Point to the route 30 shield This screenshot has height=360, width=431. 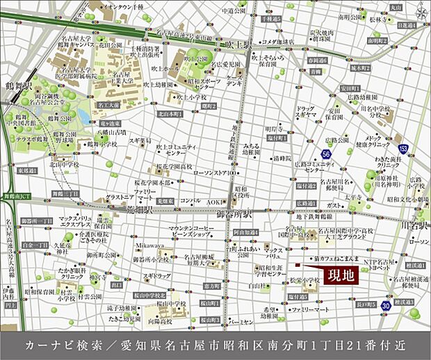tap(384, 304)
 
